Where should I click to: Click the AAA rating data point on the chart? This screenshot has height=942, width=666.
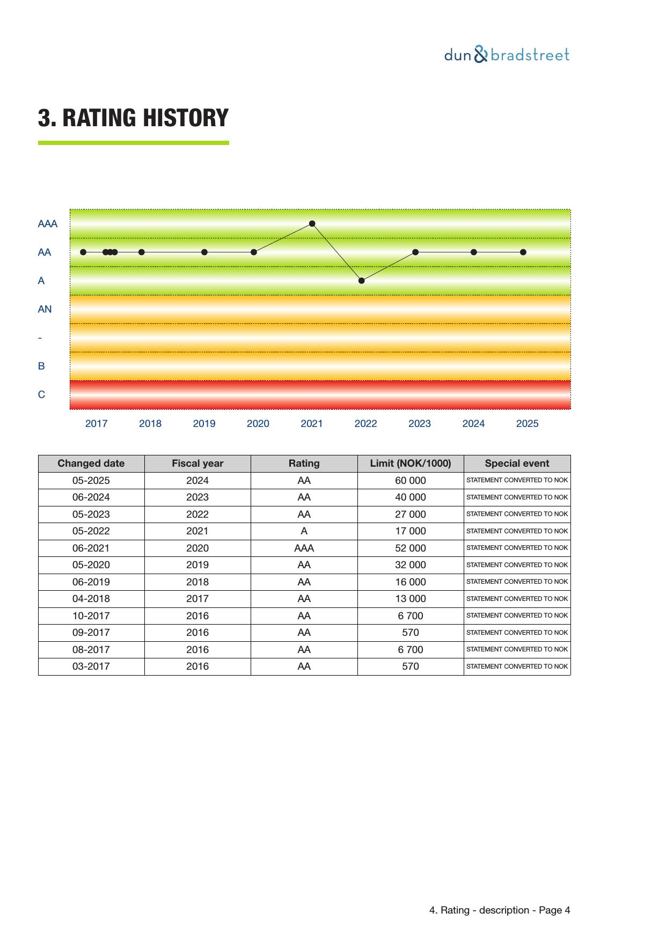point(312,223)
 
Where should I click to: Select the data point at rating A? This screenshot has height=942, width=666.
point(362,280)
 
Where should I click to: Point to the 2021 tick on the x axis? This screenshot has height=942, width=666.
point(312,424)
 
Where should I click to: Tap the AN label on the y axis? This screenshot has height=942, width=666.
point(45,309)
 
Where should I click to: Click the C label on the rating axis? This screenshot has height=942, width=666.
point(41,395)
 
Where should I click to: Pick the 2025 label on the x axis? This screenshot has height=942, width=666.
point(527,424)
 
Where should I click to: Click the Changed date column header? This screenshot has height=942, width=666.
point(91,463)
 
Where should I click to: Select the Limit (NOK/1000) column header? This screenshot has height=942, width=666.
point(411,463)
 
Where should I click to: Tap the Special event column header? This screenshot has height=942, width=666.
point(517,463)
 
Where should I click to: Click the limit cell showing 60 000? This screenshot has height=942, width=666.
point(411,481)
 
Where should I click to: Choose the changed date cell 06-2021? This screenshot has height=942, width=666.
point(91,548)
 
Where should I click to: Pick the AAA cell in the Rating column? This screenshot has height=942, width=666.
point(304,548)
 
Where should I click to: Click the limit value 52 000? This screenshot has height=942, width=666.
point(411,548)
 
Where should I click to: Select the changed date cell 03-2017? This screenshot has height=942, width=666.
point(91,666)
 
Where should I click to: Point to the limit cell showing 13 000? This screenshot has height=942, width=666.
point(411,599)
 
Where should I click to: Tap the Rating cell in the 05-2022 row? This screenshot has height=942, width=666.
point(304,531)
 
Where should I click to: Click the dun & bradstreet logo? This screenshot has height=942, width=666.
point(507,55)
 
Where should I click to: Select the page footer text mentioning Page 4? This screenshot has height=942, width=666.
point(500,910)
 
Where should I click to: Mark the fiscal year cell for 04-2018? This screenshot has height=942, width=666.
point(197,599)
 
